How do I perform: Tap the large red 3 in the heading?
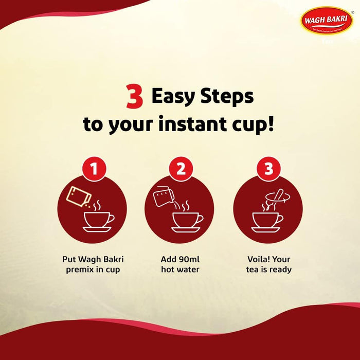[134, 97]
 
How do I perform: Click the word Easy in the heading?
[176, 96]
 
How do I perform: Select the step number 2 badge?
[181, 169]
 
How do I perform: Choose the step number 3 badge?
[268, 169]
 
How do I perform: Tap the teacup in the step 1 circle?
[98, 221]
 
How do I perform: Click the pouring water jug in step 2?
[163, 198]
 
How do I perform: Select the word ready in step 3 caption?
[280, 269]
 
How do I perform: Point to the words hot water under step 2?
[180, 269]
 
